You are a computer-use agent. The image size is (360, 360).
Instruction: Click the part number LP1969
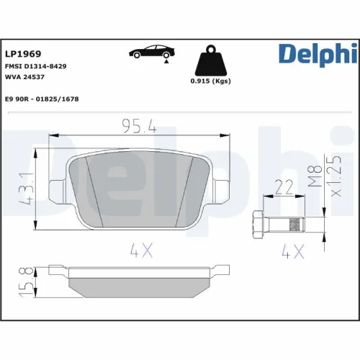23,54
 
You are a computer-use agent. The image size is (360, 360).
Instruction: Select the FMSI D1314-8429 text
36,66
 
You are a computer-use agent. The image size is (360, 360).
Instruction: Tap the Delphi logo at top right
318,53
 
